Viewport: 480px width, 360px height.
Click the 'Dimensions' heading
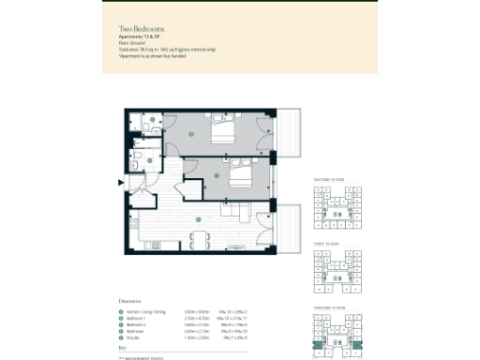pos(130,301)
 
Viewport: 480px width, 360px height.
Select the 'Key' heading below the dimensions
pos(122,348)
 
